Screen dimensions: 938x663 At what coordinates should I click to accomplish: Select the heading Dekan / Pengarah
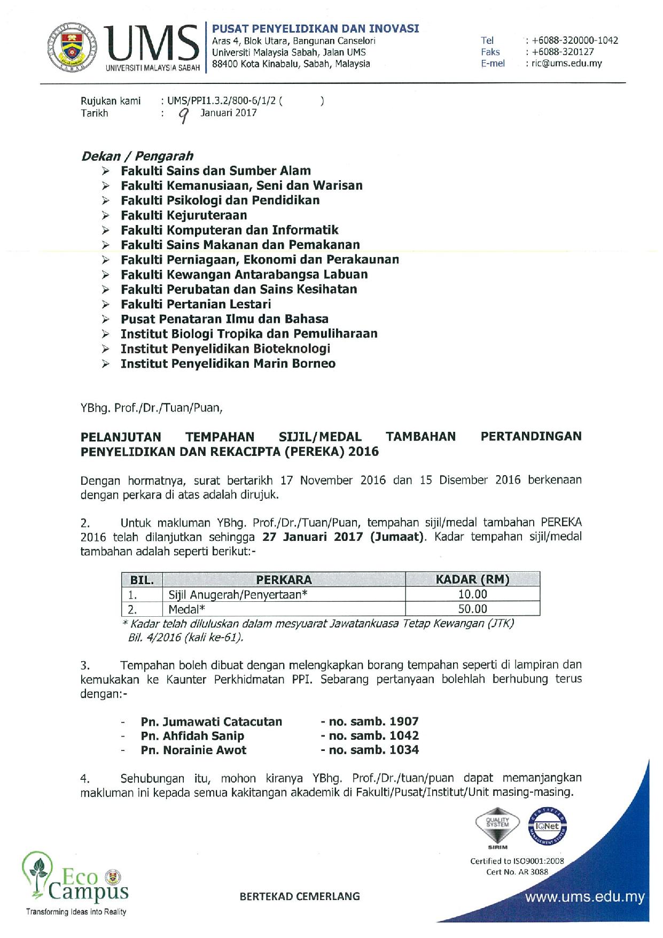coord(137,156)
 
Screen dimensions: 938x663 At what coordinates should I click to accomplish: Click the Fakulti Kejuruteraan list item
coord(184,215)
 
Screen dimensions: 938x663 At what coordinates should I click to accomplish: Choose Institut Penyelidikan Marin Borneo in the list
coord(228,363)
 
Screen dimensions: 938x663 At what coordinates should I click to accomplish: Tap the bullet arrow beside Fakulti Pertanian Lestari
coord(106,305)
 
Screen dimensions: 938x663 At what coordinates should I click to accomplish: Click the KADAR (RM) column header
coord(472,579)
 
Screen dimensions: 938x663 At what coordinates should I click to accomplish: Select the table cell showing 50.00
coord(472,609)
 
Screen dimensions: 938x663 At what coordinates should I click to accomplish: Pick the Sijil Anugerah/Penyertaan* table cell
coord(238,594)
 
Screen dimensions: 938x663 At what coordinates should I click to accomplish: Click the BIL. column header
coord(142,579)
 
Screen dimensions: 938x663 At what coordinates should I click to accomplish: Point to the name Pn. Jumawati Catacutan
coord(211,722)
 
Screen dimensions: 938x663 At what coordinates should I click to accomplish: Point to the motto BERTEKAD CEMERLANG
coord(300,896)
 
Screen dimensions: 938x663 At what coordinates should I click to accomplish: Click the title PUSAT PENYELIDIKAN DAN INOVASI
coord(315,29)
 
